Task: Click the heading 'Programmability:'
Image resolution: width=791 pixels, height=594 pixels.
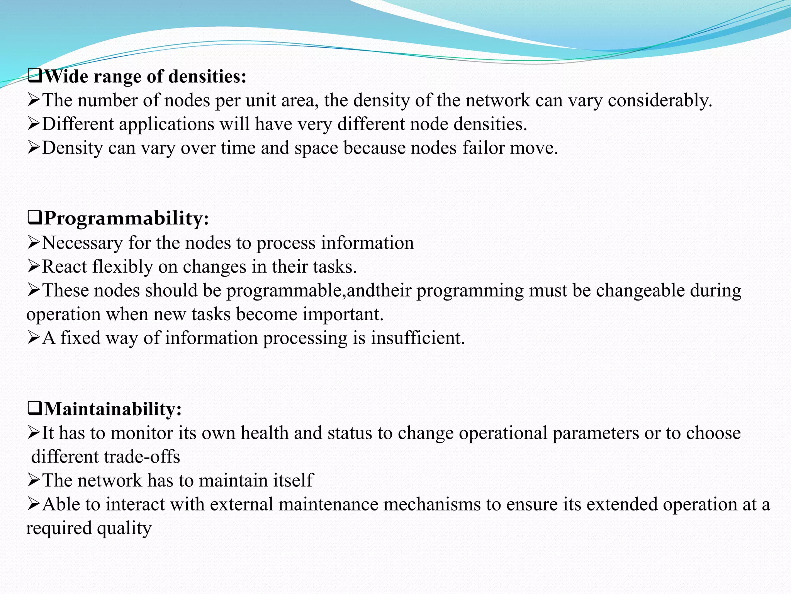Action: (126, 218)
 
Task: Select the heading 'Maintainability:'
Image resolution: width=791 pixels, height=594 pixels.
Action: (112, 409)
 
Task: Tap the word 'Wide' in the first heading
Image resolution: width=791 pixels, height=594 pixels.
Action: (66, 76)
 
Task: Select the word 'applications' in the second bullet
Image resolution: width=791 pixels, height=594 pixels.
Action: (166, 124)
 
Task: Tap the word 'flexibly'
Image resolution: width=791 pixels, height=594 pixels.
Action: (123, 267)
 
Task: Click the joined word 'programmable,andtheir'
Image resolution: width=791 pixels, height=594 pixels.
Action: (319, 291)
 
